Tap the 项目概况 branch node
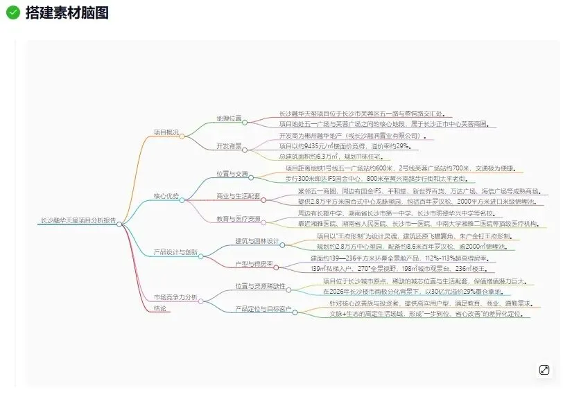click(x=166, y=132)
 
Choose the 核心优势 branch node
click(x=166, y=196)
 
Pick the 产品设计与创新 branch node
click(x=175, y=252)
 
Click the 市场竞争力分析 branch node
click(x=175, y=297)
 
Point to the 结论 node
click(x=159, y=308)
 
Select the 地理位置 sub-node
click(x=229, y=118)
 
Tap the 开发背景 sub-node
click(x=229, y=146)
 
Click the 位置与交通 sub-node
click(x=232, y=174)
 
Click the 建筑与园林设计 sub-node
click(x=257, y=241)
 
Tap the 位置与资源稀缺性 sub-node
click(x=259, y=286)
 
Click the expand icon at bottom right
click(x=544, y=370)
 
